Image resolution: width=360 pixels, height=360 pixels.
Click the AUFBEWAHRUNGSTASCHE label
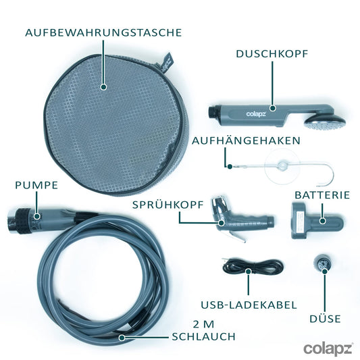[x=103, y=32]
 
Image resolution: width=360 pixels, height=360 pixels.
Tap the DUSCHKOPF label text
[x=273, y=53]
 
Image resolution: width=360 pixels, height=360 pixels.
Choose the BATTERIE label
[x=322, y=195]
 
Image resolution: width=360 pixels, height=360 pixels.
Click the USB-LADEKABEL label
[x=249, y=305]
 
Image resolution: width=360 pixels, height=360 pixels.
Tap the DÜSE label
[x=324, y=319]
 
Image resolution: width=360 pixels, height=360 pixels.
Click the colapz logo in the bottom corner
[x=327, y=349]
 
